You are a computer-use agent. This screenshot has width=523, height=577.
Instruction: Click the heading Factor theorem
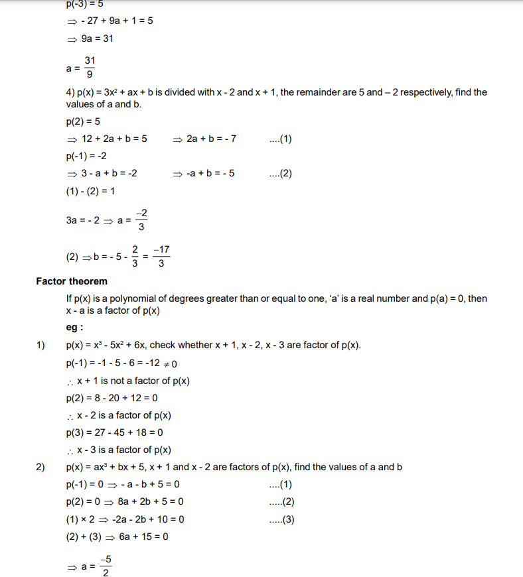coord(71,281)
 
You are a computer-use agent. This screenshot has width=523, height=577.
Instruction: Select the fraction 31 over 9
coord(90,67)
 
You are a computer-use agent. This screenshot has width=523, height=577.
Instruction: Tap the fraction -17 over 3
coord(161,257)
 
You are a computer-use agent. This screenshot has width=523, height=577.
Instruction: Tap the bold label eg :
coord(74,328)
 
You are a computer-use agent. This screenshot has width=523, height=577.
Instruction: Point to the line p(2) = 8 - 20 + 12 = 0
coord(112,398)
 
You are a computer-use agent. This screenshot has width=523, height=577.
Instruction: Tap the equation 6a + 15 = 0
coord(143,537)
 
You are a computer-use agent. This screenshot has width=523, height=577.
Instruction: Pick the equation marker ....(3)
coord(282,519)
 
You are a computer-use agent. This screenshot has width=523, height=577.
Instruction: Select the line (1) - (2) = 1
coord(90,191)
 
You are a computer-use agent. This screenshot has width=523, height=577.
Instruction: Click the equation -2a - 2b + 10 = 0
coord(151,519)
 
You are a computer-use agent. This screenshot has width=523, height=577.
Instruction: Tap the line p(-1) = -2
coord(86,157)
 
